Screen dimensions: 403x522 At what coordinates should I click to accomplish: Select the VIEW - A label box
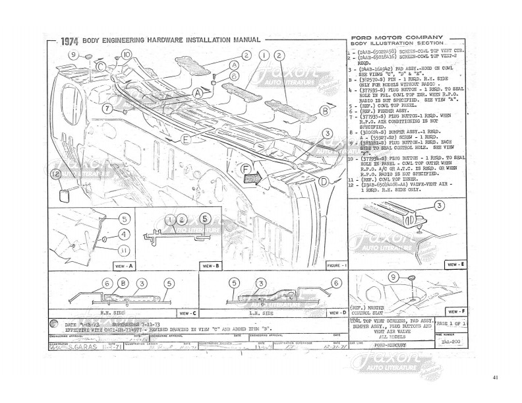point(123,266)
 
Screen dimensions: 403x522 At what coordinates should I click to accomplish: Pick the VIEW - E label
point(455,264)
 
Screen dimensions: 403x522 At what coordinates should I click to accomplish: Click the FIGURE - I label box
point(337,265)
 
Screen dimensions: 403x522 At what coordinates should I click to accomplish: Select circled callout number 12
point(55,173)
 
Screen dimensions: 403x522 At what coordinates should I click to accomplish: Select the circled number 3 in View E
point(438,206)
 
